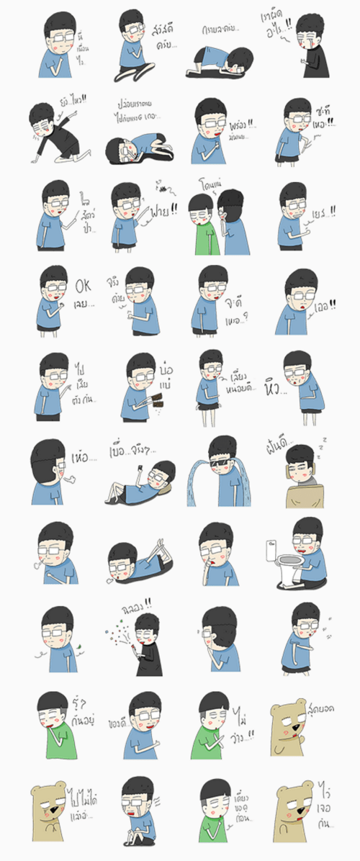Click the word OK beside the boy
(84, 287)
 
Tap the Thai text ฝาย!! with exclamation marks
(163, 213)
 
